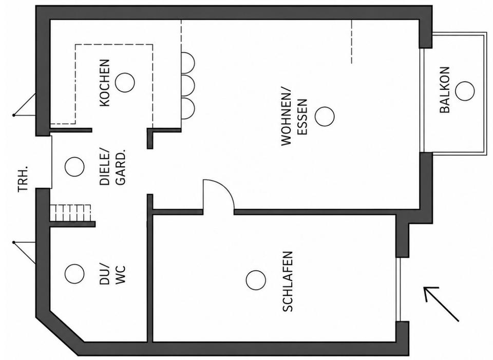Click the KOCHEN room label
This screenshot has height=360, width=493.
(x=105, y=83)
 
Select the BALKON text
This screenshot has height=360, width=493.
(x=445, y=90)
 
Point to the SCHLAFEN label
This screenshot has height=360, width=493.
(x=288, y=281)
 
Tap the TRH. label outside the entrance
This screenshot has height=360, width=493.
(x=23, y=179)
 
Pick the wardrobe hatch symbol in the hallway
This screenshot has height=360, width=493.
(x=70, y=213)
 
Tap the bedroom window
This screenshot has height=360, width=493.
(x=399, y=289)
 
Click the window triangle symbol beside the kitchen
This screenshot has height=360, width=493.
(x=24, y=105)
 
